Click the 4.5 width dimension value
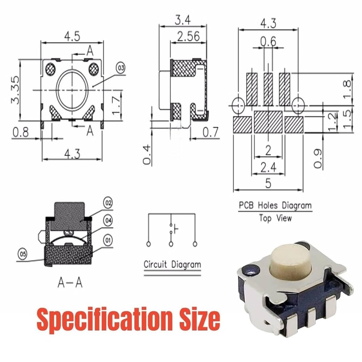(72, 37)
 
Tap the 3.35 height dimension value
(16, 90)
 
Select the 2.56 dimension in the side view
(188, 37)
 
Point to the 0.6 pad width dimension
(268, 41)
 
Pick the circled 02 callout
(108, 203)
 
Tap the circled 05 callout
(22, 254)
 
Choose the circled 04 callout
(108, 220)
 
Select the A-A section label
(70, 282)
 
